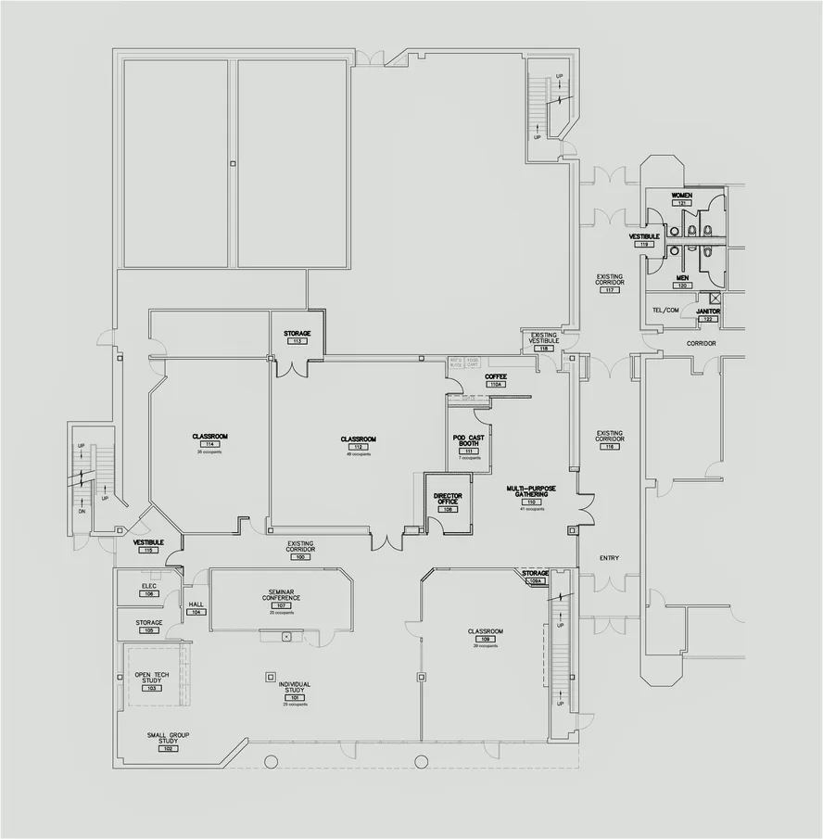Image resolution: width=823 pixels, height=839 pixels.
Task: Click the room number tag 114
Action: point(209,444)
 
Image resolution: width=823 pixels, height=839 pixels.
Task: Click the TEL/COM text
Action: point(665,310)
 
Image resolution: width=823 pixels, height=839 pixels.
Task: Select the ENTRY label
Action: point(609,558)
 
